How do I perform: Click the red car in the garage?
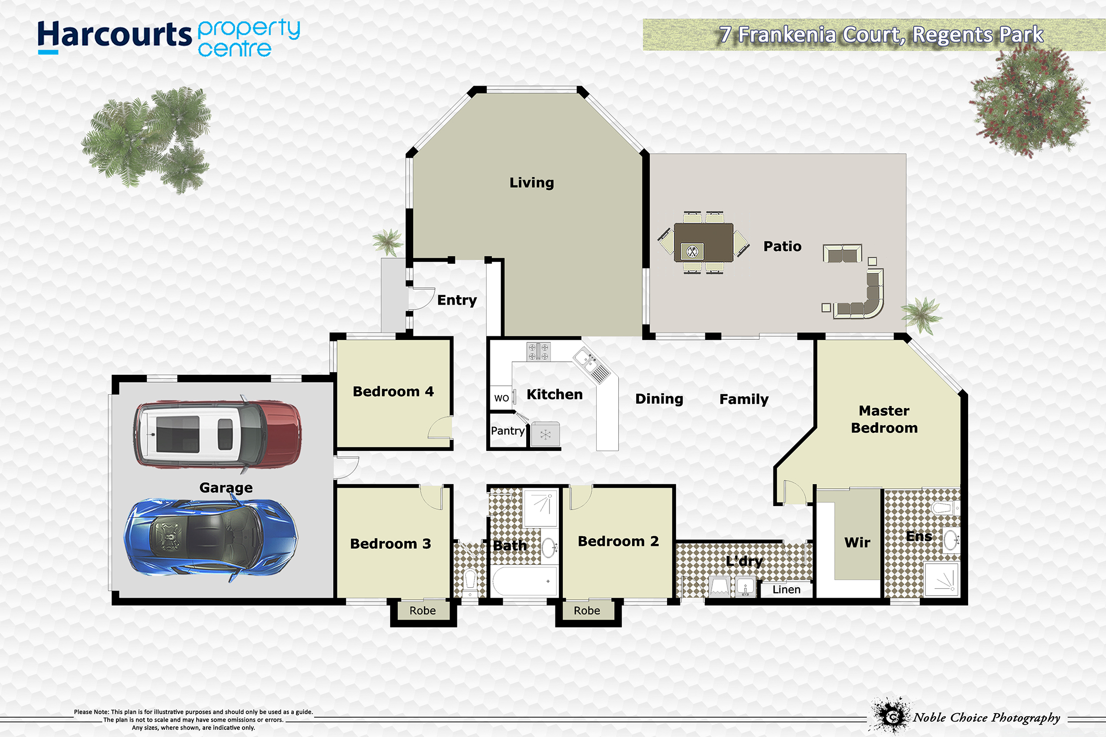218,434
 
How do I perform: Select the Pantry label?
508,431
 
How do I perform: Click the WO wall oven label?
501,398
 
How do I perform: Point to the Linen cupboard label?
786,590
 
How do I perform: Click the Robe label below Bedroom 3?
423,611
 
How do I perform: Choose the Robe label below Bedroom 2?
587,611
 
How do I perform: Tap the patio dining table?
703,242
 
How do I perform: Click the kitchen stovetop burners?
539,351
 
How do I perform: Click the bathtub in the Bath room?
525,581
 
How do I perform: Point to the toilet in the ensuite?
945,509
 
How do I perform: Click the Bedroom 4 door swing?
440,427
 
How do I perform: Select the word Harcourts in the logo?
114,36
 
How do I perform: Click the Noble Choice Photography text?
986,718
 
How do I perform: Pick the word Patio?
782,246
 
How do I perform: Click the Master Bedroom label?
884,419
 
